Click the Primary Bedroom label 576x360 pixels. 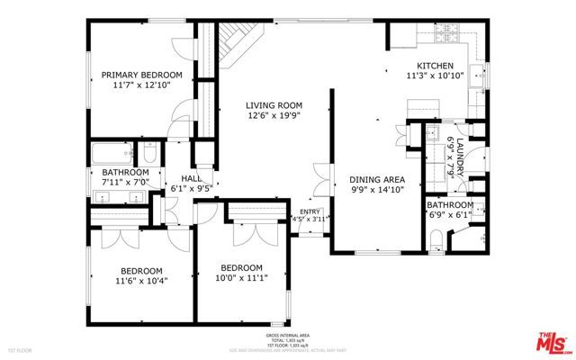[x=141, y=75]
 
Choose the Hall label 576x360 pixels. [x=192, y=178]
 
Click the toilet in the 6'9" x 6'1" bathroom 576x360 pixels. [x=437, y=240]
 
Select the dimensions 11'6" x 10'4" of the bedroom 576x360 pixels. [x=142, y=280]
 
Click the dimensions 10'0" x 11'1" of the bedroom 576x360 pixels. [x=241, y=279]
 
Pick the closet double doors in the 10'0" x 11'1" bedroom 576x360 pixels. [x=252, y=233]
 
